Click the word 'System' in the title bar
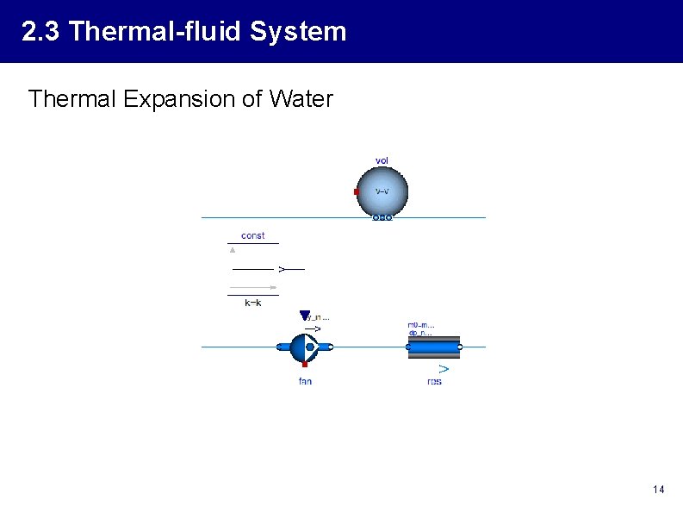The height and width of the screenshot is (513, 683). point(298,32)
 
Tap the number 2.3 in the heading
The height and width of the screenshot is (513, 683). point(40,32)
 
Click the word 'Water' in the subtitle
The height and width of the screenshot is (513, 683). point(301,99)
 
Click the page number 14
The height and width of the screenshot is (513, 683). point(658,490)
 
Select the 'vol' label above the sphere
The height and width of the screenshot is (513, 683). point(382,160)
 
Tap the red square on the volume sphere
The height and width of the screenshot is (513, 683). point(357,191)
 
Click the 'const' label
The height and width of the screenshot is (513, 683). point(253,235)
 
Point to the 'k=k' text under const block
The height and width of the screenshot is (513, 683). point(253,303)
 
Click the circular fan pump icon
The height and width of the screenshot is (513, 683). point(304,347)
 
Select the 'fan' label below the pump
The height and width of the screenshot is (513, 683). point(305,381)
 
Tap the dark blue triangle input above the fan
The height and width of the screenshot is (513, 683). point(304,316)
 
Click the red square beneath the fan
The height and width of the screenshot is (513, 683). point(305,365)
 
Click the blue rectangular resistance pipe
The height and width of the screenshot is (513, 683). point(433,347)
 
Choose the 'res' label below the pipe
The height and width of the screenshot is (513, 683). point(434,381)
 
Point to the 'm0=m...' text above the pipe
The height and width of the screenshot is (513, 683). point(420,325)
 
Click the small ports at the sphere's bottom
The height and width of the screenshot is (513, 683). point(382,217)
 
